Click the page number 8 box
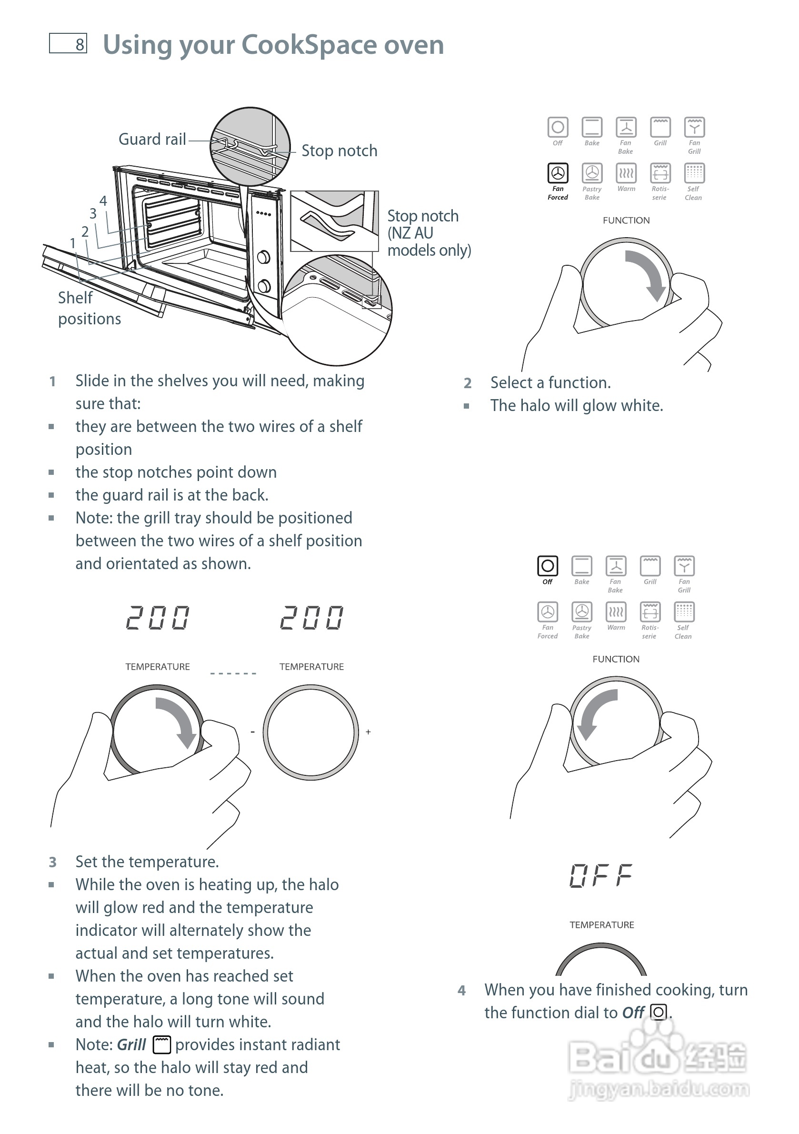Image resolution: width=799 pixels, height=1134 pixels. [68, 43]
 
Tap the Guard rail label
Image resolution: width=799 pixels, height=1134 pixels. [152, 139]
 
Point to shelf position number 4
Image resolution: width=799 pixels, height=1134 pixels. [103, 201]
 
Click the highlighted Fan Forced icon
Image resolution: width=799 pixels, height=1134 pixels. [558, 173]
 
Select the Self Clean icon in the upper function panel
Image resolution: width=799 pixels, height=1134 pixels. [694, 173]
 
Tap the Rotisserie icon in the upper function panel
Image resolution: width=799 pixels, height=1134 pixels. [660, 173]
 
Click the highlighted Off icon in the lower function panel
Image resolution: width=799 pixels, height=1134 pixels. [547, 566]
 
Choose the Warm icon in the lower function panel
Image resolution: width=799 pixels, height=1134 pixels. [616, 612]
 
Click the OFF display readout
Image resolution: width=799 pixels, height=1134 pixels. [601, 876]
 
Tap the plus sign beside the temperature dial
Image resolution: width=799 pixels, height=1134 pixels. [369, 732]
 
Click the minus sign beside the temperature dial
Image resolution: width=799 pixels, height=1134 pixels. [253, 732]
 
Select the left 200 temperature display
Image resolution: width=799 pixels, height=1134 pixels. [158, 618]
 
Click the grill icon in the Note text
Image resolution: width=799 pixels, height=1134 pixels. [161, 1044]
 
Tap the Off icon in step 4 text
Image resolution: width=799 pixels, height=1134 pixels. [658, 1013]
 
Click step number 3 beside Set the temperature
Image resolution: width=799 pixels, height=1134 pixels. [53, 863]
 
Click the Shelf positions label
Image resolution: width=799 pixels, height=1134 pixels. [89, 308]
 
